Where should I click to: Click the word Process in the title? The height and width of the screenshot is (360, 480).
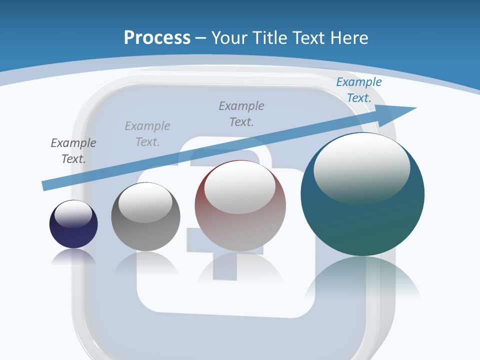point(157,38)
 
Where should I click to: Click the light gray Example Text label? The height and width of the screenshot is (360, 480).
point(147,134)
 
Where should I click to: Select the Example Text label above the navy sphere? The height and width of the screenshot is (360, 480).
point(73,151)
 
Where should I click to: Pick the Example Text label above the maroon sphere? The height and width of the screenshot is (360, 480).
point(241,114)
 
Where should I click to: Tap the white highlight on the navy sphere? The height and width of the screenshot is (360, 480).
point(73,214)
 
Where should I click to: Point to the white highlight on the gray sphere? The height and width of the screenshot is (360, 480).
point(145,202)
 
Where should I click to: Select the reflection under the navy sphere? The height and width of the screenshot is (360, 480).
point(73,256)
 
